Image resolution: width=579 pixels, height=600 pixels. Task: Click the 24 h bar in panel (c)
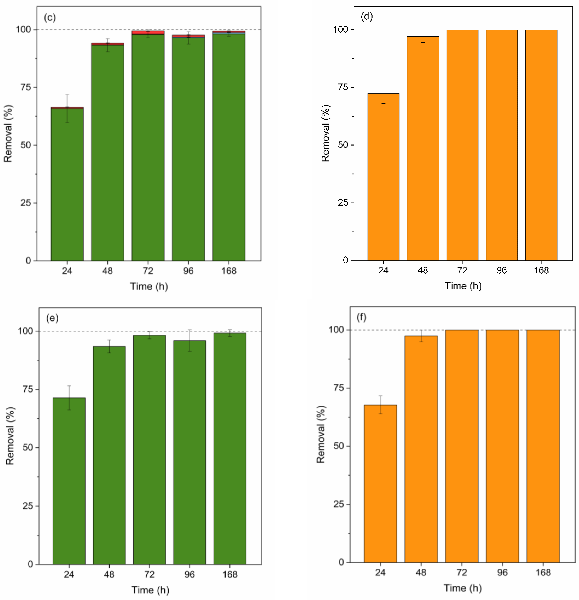(x=67, y=184)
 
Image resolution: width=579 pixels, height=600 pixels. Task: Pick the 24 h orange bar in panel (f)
(x=380, y=484)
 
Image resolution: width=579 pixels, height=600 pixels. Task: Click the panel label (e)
(x=52, y=318)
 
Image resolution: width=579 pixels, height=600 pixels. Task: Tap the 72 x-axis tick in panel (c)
(x=148, y=271)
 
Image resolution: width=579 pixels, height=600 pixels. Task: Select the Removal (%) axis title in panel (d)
(x=326, y=133)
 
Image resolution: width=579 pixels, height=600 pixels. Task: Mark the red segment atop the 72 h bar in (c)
(x=148, y=32)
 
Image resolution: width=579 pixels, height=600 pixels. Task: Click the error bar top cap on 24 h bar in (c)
(x=67, y=95)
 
